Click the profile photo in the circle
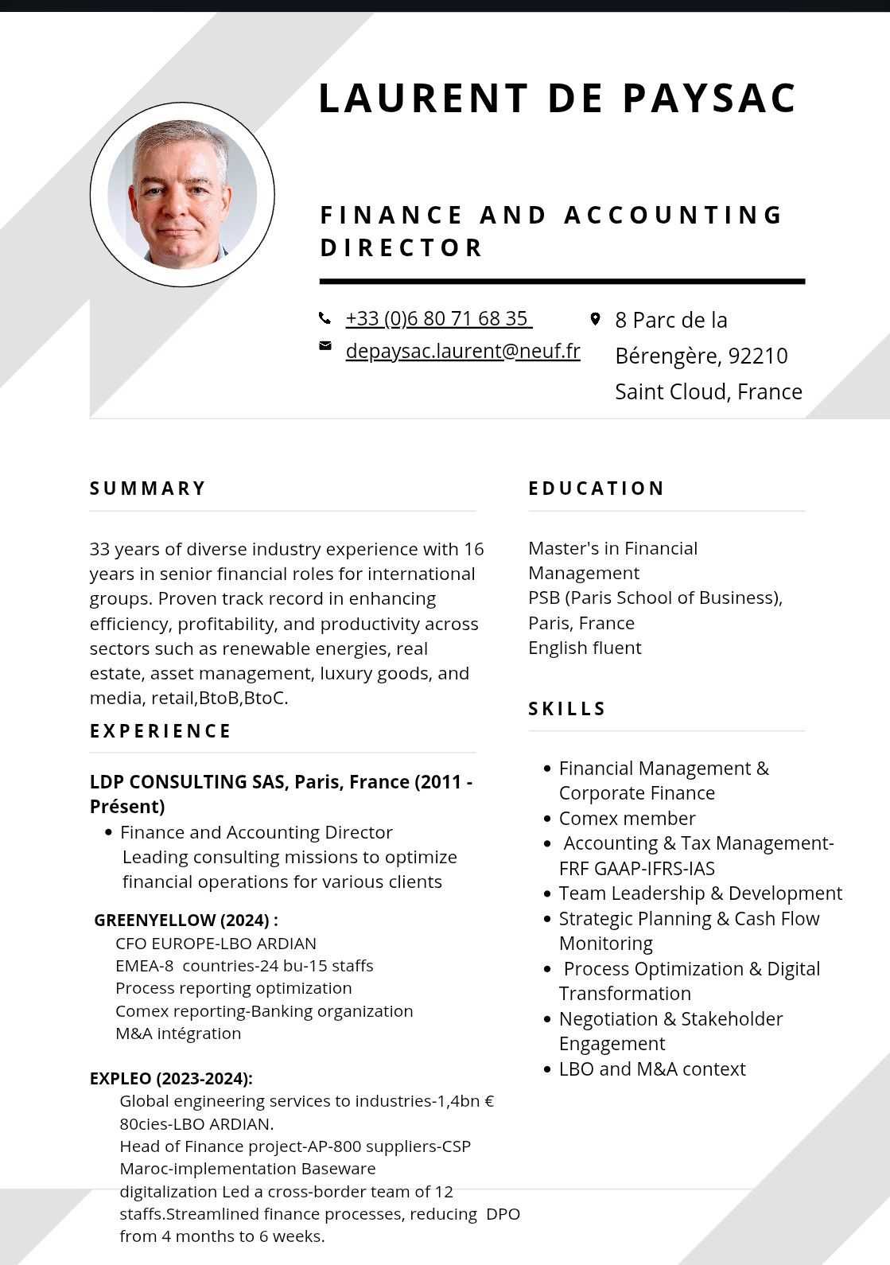coord(182,195)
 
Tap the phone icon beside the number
coord(325,318)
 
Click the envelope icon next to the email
coord(325,345)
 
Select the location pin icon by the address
coord(595,319)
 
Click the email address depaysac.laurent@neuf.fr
coord(463,351)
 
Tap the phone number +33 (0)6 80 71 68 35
coord(437,318)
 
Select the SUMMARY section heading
coord(148,488)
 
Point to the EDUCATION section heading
coord(597,488)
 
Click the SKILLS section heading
coord(567,709)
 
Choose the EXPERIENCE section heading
coord(161,731)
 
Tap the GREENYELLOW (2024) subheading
coord(186,921)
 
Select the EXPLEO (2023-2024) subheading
coord(171,1079)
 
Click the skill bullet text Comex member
coord(627,819)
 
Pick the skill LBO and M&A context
coord(652,1068)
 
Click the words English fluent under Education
coord(585,648)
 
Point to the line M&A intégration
coord(178,1033)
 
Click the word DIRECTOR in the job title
coord(402,247)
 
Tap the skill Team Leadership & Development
coord(700,893)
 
